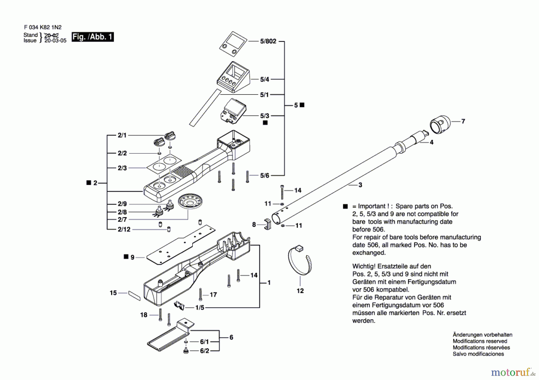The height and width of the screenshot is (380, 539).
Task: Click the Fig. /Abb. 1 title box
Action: (93, 37)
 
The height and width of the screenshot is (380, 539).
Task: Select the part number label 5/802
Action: (268, 41)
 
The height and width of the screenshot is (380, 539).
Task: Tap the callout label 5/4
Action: (264, 79)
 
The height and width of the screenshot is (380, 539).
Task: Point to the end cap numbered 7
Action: (440, 124)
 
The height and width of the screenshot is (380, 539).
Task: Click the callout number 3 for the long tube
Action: (360, 185)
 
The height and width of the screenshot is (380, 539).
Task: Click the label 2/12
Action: (124, 229)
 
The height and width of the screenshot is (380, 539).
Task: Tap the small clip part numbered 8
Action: (267, 224)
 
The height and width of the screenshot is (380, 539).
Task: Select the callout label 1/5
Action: (200, 308)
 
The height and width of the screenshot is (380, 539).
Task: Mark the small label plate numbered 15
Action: (134, 295)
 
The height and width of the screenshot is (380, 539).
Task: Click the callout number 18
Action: (144, 315)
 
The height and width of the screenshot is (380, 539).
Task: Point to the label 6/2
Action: (205, 351)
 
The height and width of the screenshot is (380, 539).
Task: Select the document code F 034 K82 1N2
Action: (43, 27)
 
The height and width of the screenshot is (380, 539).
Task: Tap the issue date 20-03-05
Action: (55, 41)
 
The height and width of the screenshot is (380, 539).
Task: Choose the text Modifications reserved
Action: (480, 341)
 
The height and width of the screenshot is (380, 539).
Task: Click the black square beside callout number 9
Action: (126, 257)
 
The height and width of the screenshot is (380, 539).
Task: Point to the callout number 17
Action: (213, 295)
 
